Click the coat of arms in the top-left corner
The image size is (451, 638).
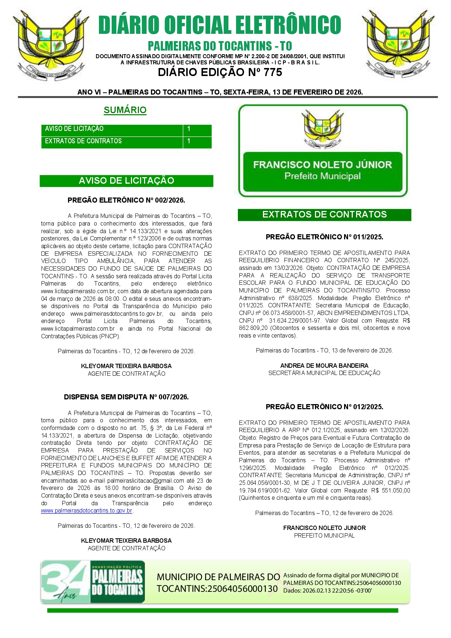pyautogui.click(x=51, y=44)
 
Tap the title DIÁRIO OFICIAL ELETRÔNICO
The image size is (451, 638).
pyautogui.click(x=220, y=25)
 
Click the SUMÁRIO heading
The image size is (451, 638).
pyautogui.click(x=125, y=110)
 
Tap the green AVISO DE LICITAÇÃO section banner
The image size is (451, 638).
pyautogui.click(x=126, y=181)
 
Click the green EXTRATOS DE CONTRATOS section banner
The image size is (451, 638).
pyautogui.click(x=324, y=215)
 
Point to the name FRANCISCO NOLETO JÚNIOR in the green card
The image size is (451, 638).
pyautogui.click(x=323, y=165)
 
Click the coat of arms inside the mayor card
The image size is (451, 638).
pyautogui.click(x=323, y=129)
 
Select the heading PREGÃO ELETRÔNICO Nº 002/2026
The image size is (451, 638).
pyautogui.click(x=126, y=200)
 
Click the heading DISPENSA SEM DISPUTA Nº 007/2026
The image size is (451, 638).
pyautogui.click(x=126, y=397)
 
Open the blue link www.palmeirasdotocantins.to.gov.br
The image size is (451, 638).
pyautogui.click(x=87, y=511)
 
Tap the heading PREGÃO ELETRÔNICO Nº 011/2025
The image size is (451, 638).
pyautogui.click(x=324, y=237)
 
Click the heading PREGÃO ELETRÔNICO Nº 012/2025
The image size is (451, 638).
pyautogui.click(x=324, y=407)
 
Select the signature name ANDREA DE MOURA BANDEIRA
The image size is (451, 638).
pyautogui.click(x=324, y=366)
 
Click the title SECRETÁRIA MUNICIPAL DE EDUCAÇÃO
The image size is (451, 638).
pyautogui.click(x=324, y=373)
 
